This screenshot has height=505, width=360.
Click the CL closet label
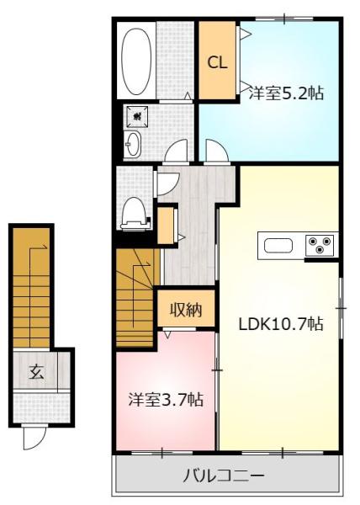tap(218, 62)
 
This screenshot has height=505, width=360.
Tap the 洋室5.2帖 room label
tap(286, 93)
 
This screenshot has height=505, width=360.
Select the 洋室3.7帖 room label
tap(166, 400)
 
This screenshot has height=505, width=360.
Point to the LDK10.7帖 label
tap(281, 324)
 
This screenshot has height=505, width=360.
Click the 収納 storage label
tap(186, 310)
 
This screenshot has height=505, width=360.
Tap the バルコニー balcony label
tap(224, 476)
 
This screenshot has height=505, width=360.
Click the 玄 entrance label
tap(36, 372)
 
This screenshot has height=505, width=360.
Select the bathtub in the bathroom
tap(136, 61)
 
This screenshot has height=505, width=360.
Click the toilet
tap(135, 214)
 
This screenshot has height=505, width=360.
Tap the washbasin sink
tap(133, 144)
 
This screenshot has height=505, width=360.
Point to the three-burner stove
tap(320, 245)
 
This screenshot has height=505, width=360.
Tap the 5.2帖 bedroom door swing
tap(216, 151)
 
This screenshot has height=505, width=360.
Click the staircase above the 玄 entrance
tap(31, 288)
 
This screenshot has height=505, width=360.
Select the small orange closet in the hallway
tap(166, 226)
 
